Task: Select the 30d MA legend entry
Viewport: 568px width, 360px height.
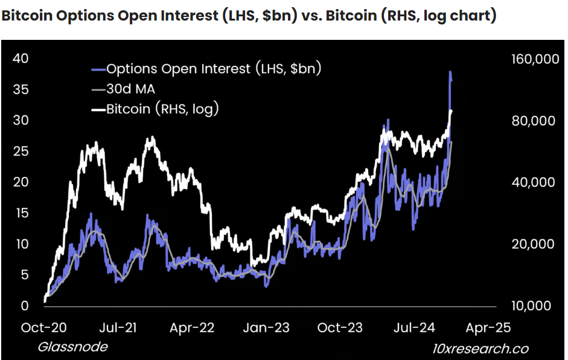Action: point(130,89)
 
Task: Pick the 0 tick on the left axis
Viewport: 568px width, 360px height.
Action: point(24,306)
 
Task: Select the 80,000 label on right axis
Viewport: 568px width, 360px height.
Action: point(531,121)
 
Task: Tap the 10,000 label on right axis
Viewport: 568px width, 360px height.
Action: point(531,306)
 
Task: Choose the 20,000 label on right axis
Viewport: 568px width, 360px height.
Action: point(531,244)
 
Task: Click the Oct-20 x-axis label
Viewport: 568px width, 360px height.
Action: point(45,327)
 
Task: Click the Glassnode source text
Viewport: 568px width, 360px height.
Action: point(72,347)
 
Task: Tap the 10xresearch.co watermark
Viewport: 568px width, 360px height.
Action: point(480,349)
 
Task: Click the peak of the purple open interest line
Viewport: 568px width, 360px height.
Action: point(450,72)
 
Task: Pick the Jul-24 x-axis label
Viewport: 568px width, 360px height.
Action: point(415,327)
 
